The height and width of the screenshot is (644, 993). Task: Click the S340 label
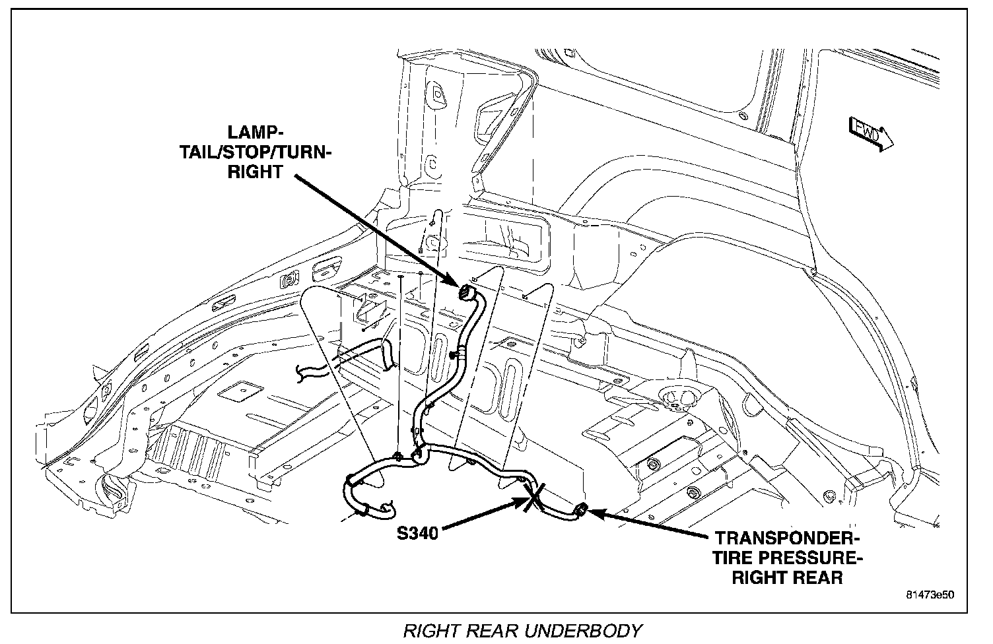click(418, 532)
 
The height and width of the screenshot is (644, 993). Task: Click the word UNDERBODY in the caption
click(589, 631)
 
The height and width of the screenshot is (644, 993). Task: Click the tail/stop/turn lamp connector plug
click(467, 291)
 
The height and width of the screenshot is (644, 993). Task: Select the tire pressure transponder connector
click(580, 509)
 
